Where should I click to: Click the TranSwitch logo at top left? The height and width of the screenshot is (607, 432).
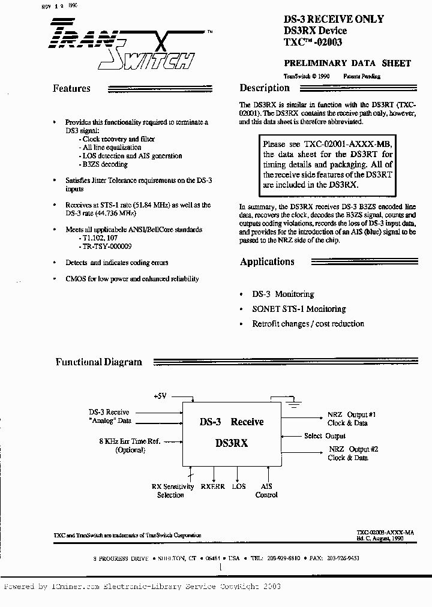120,45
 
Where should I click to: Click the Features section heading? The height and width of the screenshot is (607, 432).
71,89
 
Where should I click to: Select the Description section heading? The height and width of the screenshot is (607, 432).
265,88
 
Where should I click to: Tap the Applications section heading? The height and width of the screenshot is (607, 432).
267,262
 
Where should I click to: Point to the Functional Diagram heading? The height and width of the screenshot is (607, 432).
99,362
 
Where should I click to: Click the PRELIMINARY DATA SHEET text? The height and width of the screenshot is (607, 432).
347,63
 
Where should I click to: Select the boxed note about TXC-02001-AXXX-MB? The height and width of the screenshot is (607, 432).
328,165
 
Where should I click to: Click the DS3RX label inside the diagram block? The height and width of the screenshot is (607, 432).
231,444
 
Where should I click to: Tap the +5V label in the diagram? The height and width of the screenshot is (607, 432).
161,396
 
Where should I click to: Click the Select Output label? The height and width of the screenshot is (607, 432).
325,436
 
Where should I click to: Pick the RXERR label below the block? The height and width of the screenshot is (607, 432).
213,486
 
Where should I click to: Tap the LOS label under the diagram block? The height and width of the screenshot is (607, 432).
239,486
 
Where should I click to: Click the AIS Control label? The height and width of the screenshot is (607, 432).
266,491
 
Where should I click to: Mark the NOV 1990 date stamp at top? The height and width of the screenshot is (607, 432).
59,5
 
